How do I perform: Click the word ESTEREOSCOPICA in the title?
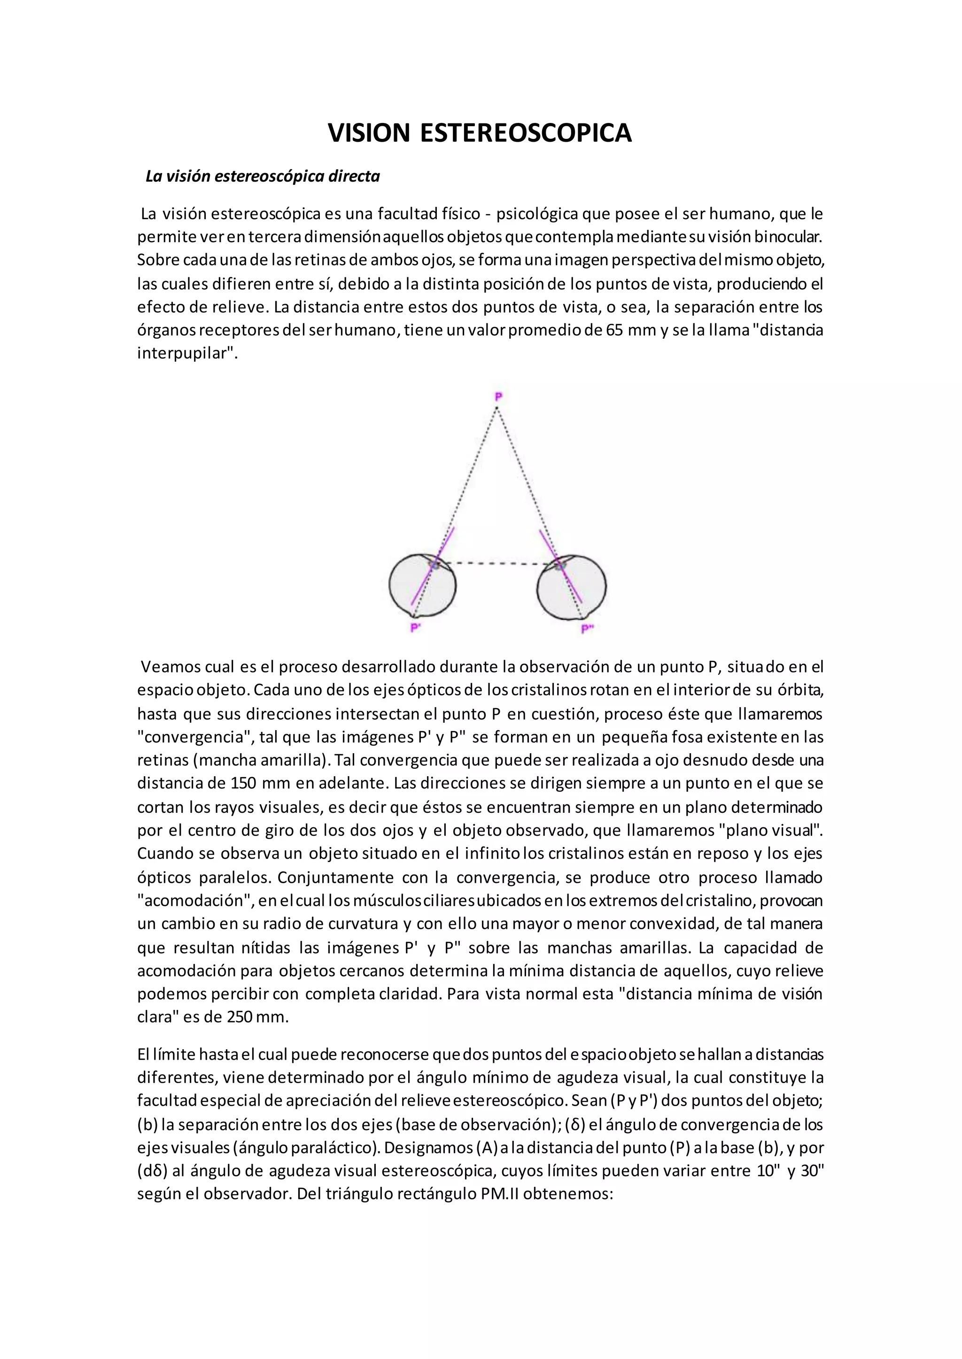tap(526, 133)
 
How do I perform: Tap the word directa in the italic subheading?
tap(354, 176)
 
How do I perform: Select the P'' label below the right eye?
tap(586, 629)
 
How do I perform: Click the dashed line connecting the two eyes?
tap(497, 563)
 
